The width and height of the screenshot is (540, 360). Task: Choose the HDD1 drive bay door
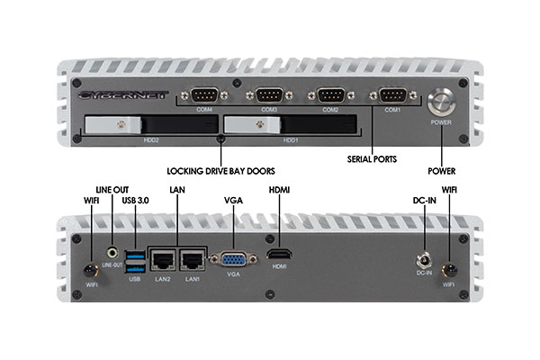(x=288, y=126)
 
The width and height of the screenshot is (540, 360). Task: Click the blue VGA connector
(x=233, y=259)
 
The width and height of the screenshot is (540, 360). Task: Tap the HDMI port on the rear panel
(x=279, y=257)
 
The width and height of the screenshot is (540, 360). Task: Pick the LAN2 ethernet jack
(x=162, y=260)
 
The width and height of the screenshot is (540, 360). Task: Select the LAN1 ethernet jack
(x=192, y=260)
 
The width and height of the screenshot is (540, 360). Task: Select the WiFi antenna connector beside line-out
(x=90, y=269)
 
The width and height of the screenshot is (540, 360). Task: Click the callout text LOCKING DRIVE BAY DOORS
(x=221, y=170)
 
